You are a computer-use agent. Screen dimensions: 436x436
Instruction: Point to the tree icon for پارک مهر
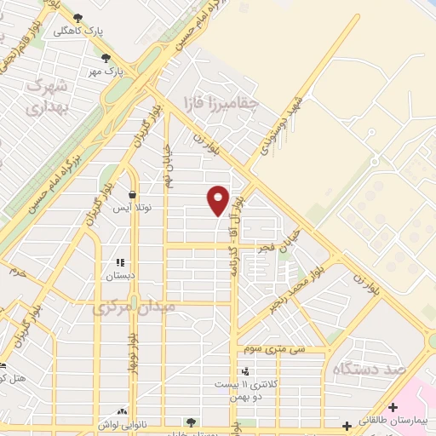point(106,58)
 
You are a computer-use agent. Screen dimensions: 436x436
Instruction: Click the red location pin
point(219,199)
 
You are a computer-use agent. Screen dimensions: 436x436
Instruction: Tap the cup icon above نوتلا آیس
point(133,194)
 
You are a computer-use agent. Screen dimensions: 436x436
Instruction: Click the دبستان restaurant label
point(120,276)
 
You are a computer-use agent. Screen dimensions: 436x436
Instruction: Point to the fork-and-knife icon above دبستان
point(120,262)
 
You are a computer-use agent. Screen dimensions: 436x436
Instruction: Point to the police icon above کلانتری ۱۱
point(246,371)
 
